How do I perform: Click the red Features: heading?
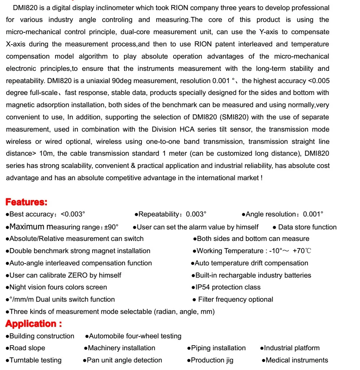point(27,202)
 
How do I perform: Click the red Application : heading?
point(34,324)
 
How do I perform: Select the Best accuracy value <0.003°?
point(73,214)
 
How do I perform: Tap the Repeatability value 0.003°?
point(196,214)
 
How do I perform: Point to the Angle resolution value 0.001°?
point(313,214)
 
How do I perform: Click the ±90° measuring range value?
point(111,227)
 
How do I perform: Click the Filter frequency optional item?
point(235,300)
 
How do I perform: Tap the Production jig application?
point(212,360)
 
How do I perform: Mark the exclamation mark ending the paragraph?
point(261,178)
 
